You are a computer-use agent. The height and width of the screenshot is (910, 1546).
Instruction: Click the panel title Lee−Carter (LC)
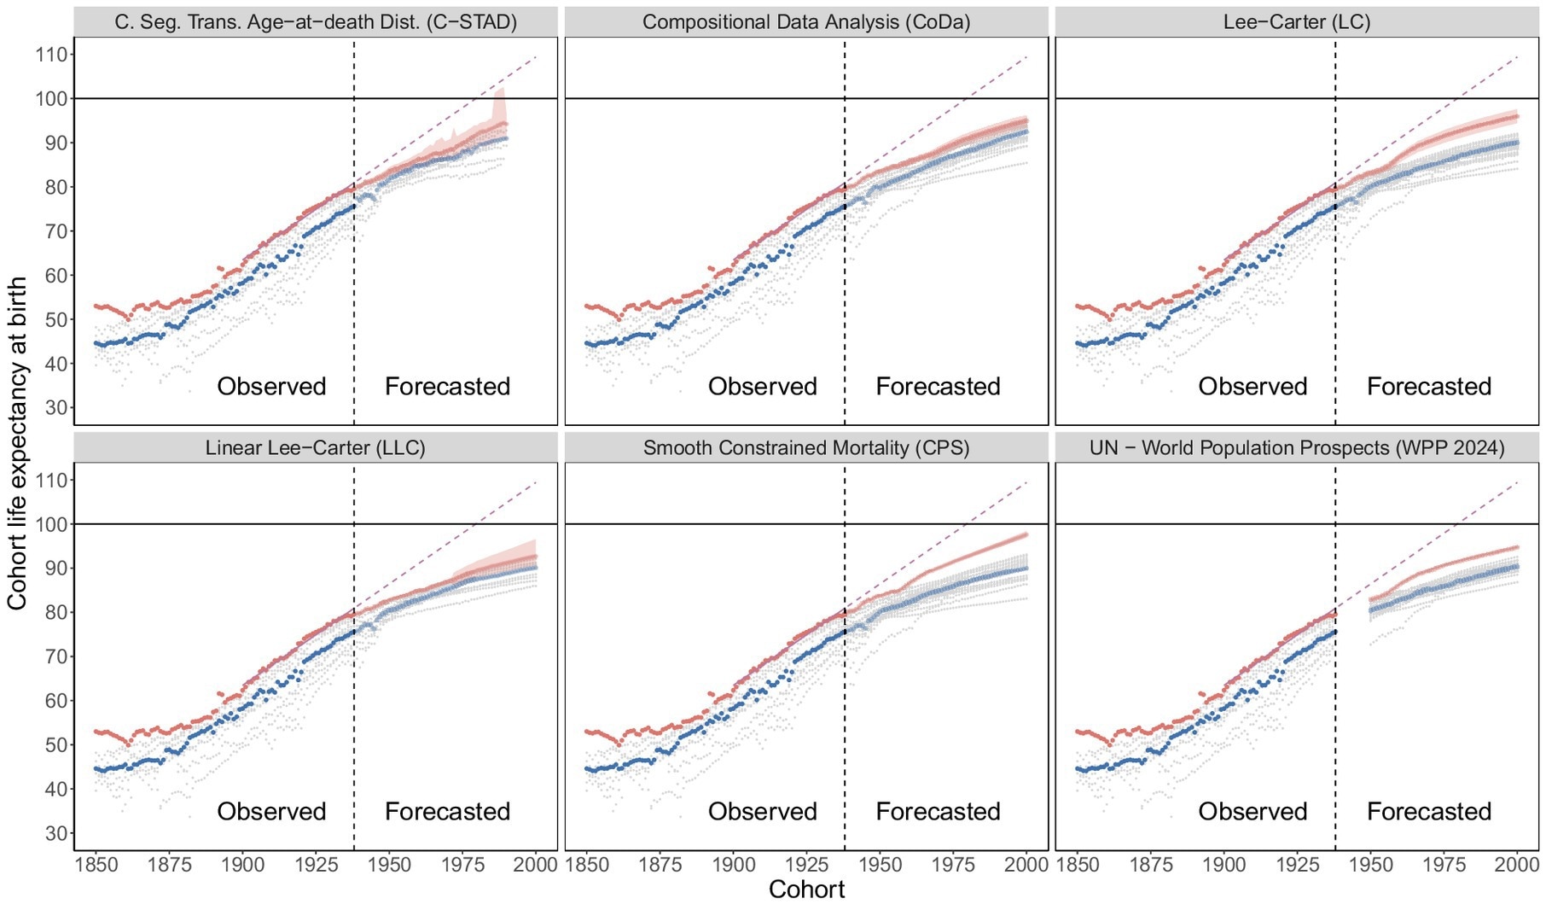coord(1297,22)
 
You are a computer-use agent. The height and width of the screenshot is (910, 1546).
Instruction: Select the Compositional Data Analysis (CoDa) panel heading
coord(806,22)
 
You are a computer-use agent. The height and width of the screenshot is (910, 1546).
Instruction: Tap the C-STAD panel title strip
coord(316,22)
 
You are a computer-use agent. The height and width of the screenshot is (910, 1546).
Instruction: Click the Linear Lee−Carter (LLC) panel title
coord(316,447)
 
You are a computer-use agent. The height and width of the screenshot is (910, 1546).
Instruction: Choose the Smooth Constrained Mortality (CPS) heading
coord(806,447)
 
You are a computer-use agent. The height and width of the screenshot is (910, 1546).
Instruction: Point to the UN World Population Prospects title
coord(1297,447)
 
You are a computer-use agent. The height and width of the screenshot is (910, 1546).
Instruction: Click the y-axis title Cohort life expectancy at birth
coord(17,444)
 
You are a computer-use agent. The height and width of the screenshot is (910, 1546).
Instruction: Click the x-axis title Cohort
coord(806,890)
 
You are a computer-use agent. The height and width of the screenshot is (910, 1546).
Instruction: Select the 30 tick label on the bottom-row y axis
coord(55,833)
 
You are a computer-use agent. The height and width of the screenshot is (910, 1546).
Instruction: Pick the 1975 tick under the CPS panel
coord(953,864)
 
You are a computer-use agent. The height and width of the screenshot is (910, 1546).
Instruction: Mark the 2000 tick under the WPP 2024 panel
coord(1517,864)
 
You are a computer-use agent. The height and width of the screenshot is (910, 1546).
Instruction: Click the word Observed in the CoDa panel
coord(762,387)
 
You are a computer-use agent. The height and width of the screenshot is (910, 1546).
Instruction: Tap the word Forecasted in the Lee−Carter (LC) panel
coord(1429,387)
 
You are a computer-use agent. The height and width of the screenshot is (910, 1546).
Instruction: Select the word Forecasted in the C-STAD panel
coord(447,387)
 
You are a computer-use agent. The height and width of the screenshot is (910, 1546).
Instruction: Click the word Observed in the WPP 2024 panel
coord(1252,811)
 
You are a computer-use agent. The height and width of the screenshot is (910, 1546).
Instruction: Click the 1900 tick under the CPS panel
coord(734,864)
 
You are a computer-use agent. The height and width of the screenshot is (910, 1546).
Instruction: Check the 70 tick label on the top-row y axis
coord(55,231)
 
